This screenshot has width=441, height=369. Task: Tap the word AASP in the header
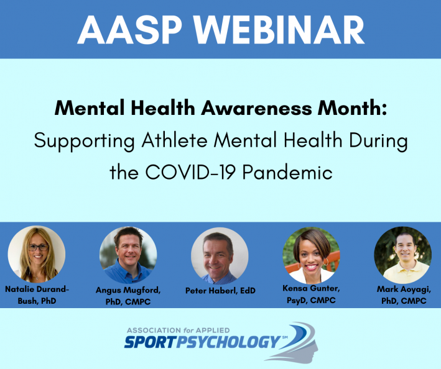tap(129, 30)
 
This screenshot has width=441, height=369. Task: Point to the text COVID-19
tap(190, 172)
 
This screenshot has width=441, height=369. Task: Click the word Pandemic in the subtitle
tap(287, 172)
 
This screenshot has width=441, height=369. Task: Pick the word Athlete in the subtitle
tap(174, 140)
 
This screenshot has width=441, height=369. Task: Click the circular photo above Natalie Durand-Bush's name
tap(37, 254)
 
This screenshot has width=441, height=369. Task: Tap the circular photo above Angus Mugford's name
tap(128, 255)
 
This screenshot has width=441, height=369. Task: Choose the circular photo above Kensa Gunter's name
tap(312, 255)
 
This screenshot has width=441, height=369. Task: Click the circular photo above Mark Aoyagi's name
tap(403, 255)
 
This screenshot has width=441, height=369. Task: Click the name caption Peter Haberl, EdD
tap(220, 291)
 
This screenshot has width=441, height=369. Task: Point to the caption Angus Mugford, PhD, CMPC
tap(128, 296)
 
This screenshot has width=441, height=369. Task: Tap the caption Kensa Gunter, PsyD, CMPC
tap(312, 294)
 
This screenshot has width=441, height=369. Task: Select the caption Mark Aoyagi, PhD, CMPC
tap(404, 295)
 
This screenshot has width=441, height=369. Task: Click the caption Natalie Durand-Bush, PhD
tap(37, 295)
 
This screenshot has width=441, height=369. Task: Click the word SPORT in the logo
tap(150, 342)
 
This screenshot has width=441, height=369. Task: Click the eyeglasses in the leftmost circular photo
tap(39, 247)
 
